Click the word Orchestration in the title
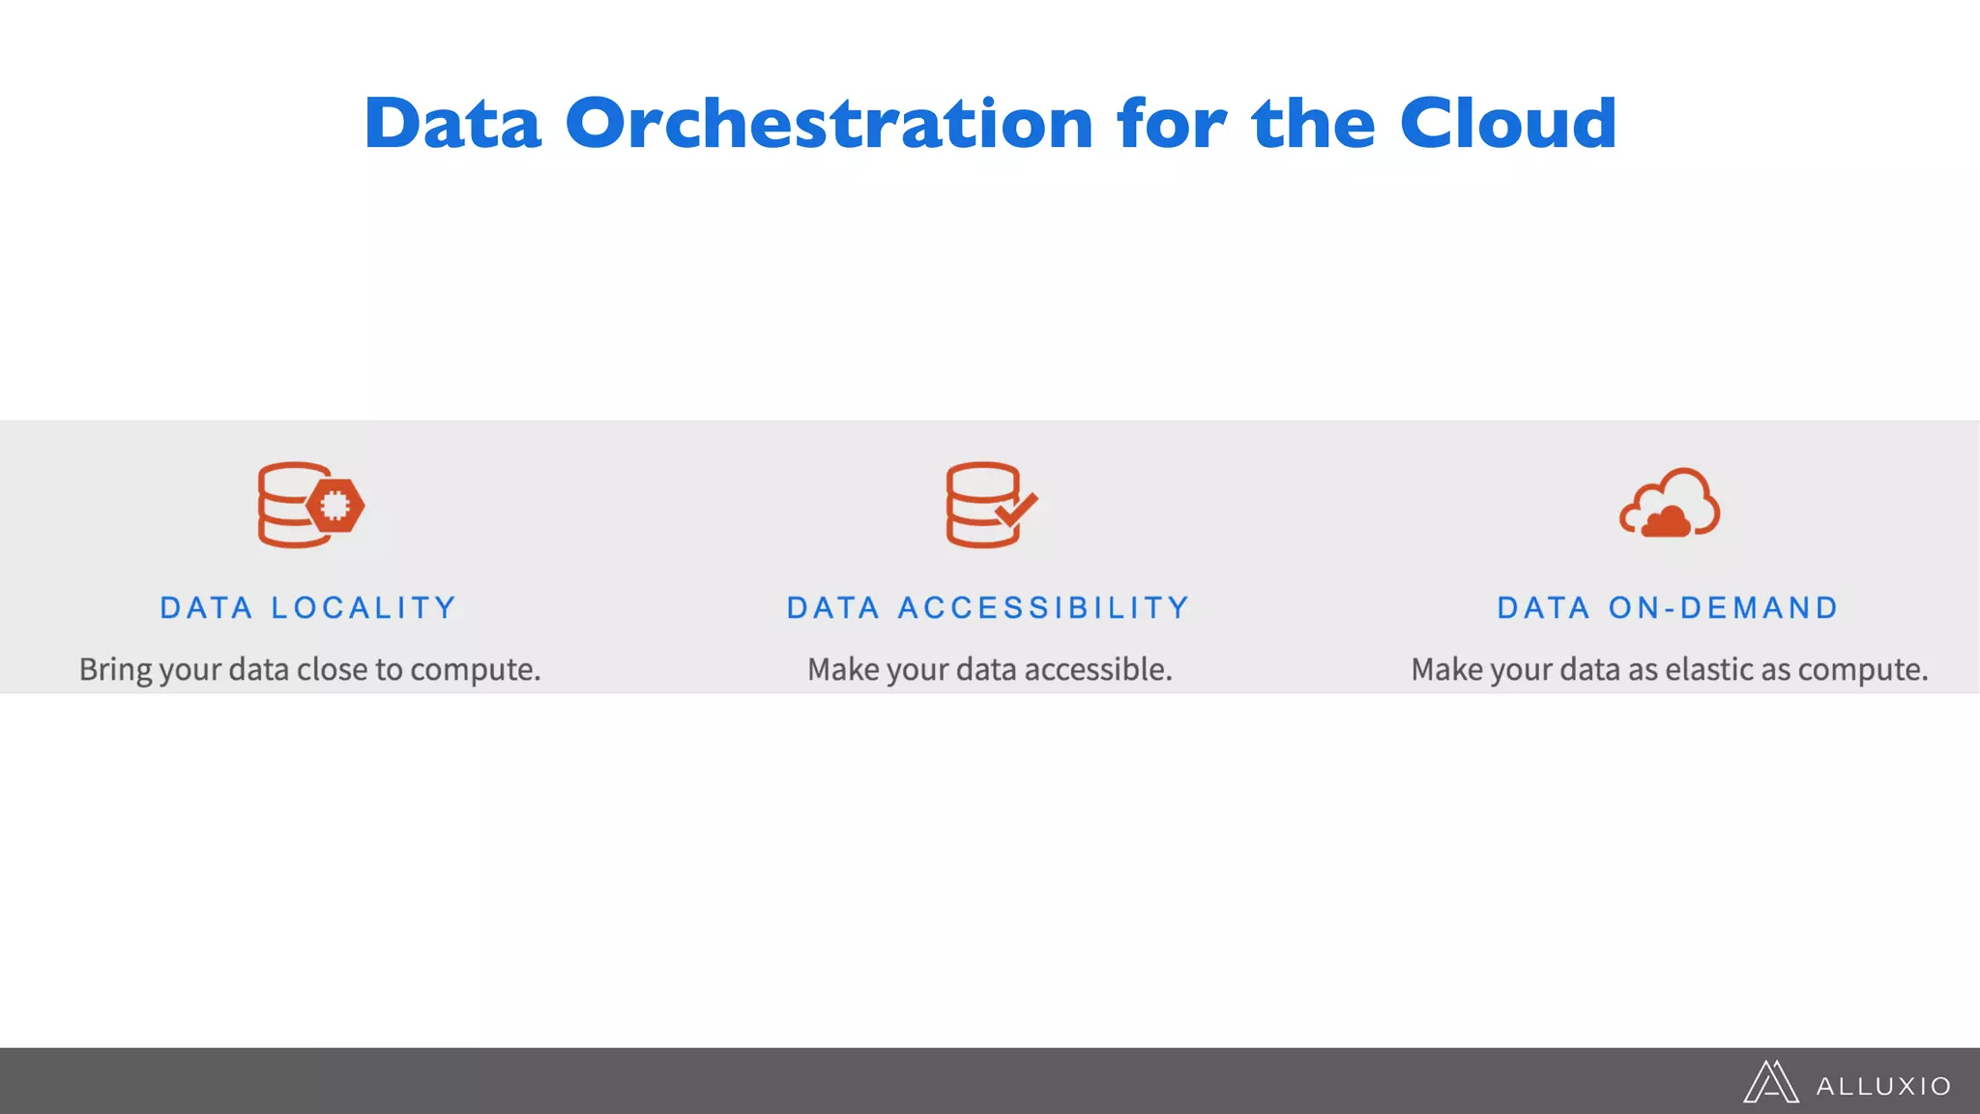(829, 124)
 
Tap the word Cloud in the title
(1507, 124)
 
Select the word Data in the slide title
(451, 124)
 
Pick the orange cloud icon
(1670, 503)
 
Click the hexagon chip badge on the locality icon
(335, 506)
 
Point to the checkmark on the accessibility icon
(1017, 509)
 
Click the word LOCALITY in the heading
(364, 608)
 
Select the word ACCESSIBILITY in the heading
(1044, 608)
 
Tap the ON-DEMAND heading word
(1723, 608)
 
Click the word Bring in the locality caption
(115, 669)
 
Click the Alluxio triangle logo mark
(1770, 1082)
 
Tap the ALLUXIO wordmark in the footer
(1883, 1087)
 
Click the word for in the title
(1171, 124)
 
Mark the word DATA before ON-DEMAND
(1544, 608)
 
